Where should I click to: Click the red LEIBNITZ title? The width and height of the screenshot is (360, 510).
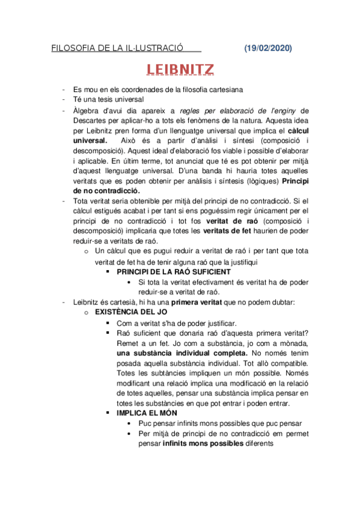(x=180, y=70)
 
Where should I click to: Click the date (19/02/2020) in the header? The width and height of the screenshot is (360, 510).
(x=269, y=48)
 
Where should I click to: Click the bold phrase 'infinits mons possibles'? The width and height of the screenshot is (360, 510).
(x=203, y=443)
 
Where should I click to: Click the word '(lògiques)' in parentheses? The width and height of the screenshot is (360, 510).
(x=261, y=180)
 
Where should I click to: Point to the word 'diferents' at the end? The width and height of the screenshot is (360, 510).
(x=260, y=443)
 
